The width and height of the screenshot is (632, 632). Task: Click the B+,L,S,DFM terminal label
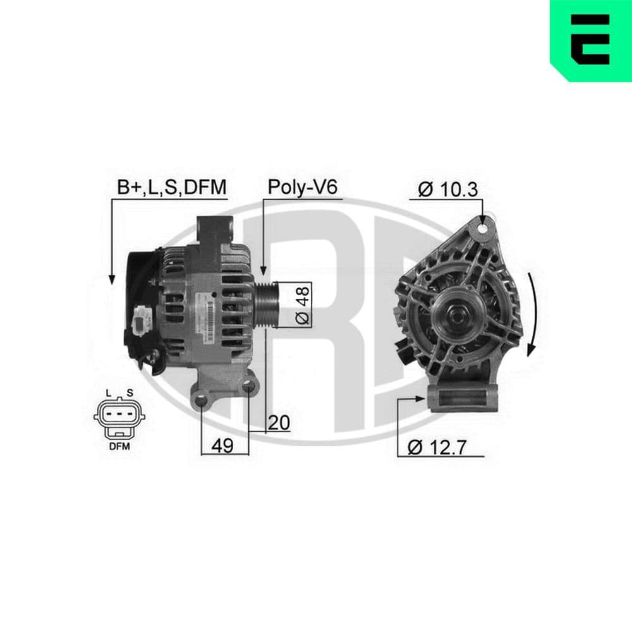pyautogui.click(x=171, y=187)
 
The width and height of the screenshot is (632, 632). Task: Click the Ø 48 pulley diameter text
pyautogui.click(x=303, y=305)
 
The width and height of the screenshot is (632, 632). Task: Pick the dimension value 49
pyautogui.click(x=222, y=446)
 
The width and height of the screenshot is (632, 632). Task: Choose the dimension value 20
pyautogui.click(x=277, y=422)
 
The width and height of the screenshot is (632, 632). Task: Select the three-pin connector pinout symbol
pyautogui.click(x=118, y=415)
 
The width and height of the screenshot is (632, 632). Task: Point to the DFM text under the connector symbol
pyautogui.click(x=118, y=446)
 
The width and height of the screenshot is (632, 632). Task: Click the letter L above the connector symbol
pyautogui.click(x=109, y=392)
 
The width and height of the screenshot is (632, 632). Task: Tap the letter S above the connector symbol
pyautogui.click(x=129, y=392)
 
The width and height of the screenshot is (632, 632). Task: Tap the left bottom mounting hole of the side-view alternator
pyautogui.click(x=202, y=399)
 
